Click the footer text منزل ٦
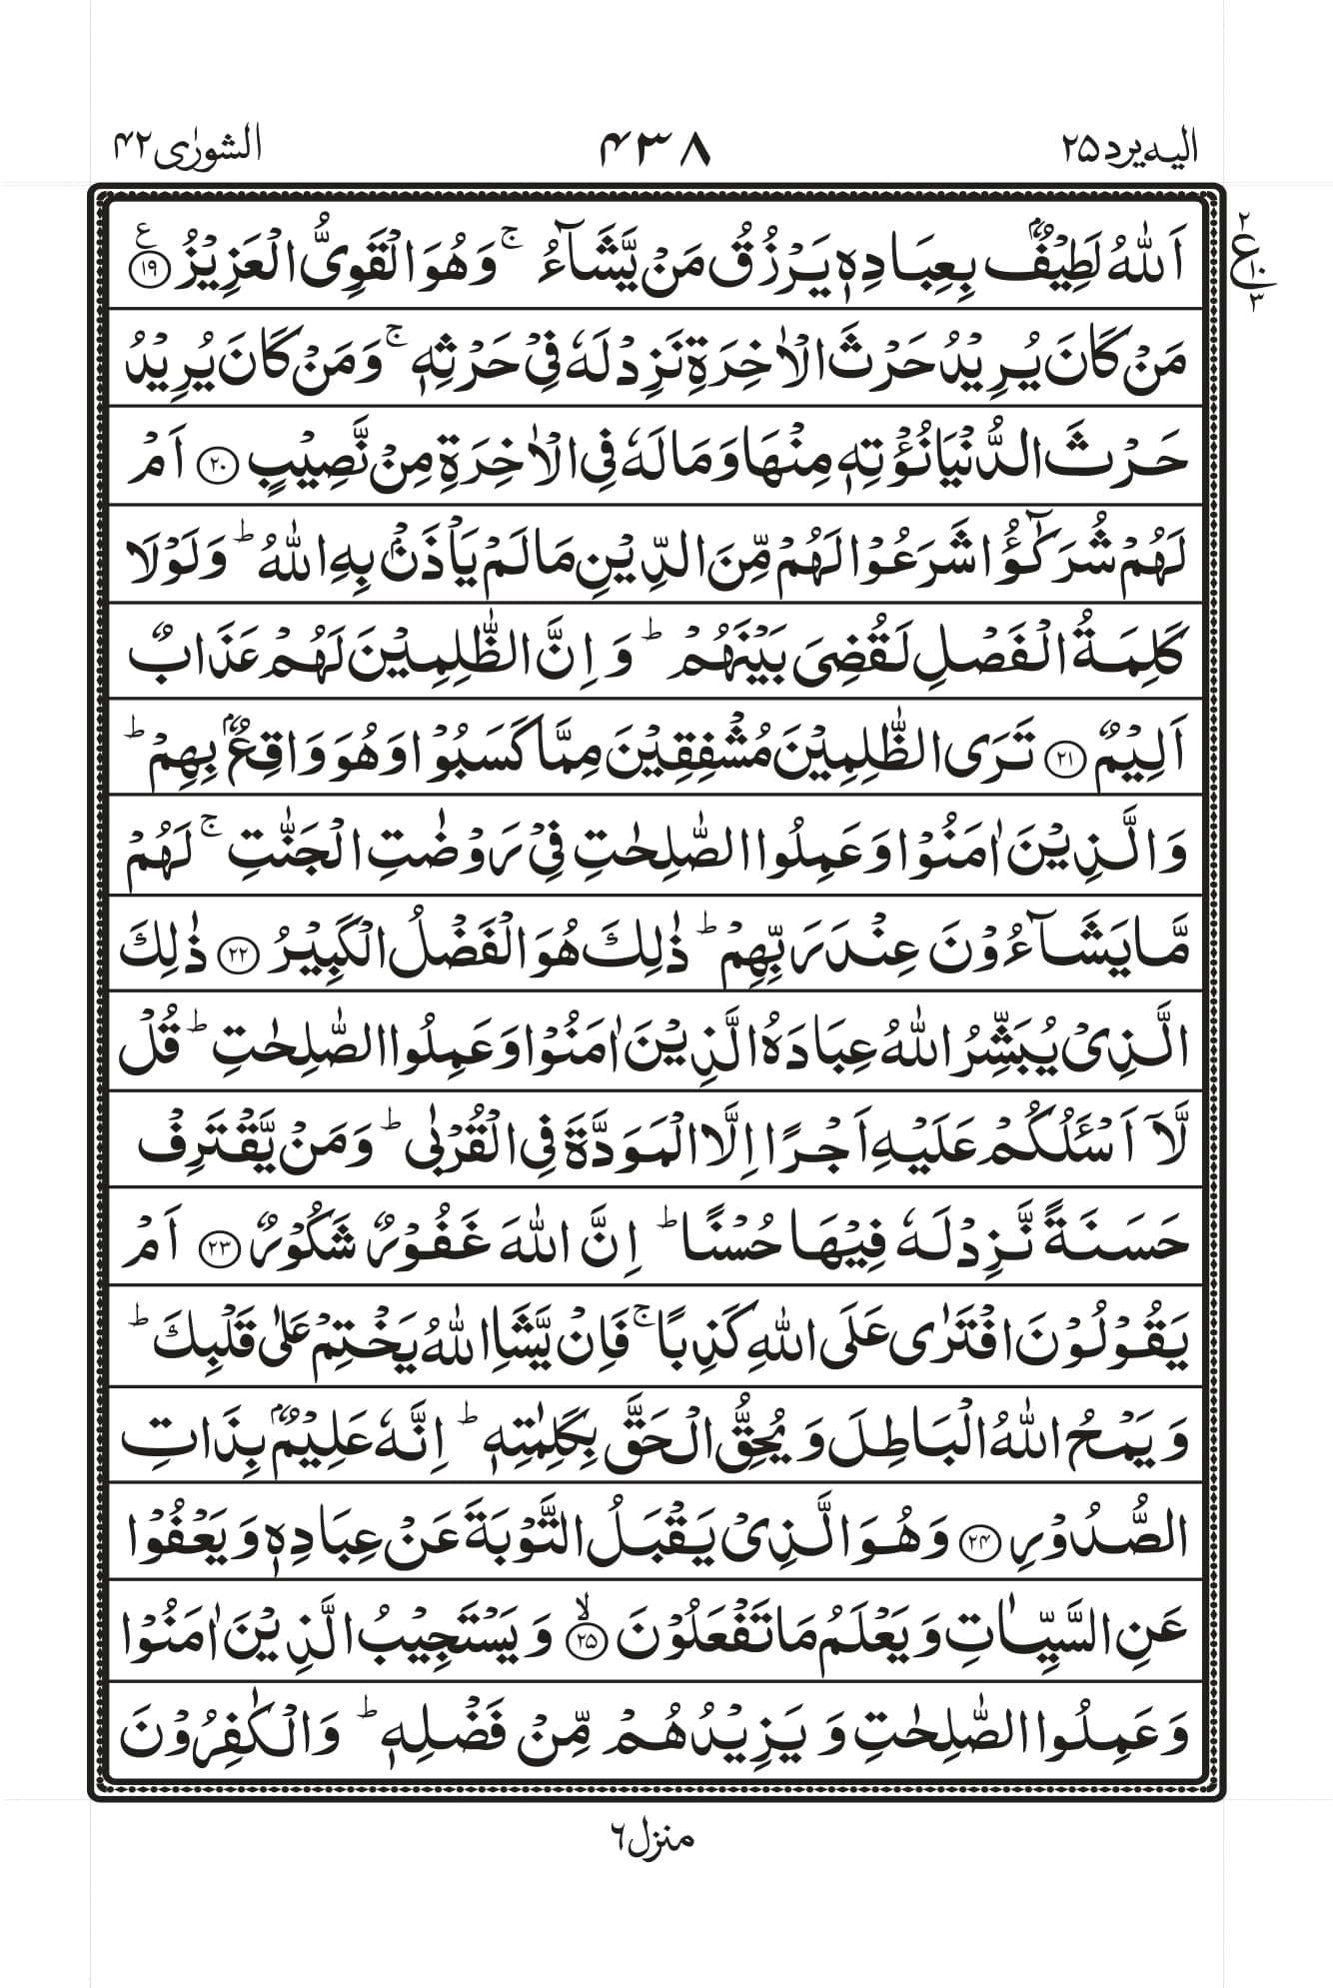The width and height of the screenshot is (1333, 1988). [x=652, y=1837]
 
